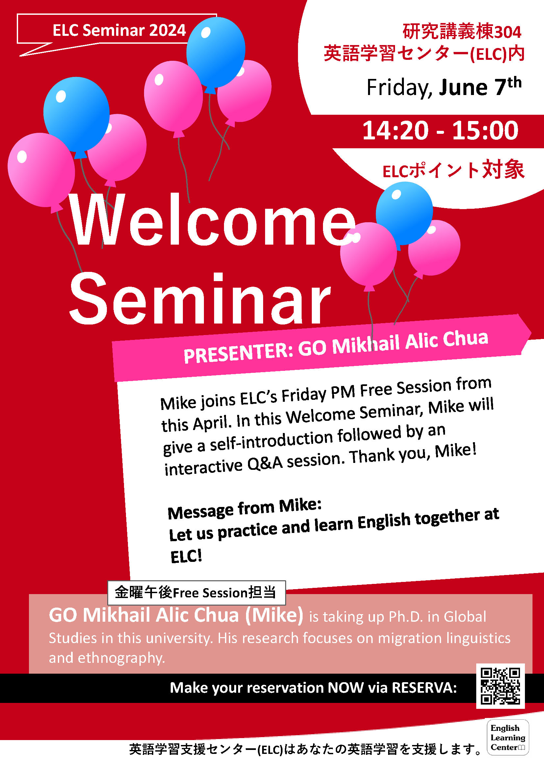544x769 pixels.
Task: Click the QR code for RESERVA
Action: coord(501,685)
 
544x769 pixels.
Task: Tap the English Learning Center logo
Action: coord(508,737)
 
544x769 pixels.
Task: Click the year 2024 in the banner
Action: coord(167,30)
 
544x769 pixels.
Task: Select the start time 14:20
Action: coord(395,130)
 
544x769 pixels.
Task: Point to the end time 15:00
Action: coord(485,130)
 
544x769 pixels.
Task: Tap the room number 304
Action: coord(508,32)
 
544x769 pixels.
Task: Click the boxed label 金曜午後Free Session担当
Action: coord(196,592)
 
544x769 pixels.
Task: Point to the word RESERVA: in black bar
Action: coord(424,687)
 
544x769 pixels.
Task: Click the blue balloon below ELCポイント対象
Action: coord(404,213)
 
